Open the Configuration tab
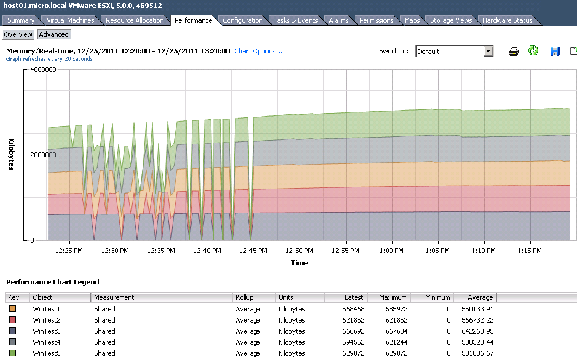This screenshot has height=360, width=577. point(243,20)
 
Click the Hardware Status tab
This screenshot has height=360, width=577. point(507,20)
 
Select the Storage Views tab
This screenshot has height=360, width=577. point(451,20)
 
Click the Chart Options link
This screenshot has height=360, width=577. point(258,51)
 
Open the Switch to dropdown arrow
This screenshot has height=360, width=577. point(489,51)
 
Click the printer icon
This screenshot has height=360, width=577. point(513,52)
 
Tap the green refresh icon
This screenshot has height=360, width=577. point(533,51)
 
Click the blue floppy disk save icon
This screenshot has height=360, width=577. point(555,51)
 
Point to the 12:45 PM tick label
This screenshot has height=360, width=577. point(253,251)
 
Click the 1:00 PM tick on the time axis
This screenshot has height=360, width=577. point(391,251)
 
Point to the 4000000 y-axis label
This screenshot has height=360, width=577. point(43,69)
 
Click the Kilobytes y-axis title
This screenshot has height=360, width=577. point(12,154)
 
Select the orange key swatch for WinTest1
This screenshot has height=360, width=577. point(12,309)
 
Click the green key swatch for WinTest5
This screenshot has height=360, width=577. point(12,353)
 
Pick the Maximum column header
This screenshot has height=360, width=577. point(393,297)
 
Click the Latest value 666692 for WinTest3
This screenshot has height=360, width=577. point(353,331)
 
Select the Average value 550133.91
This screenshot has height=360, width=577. point(477,309)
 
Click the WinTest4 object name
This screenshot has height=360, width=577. point(46,342)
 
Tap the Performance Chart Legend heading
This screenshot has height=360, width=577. point(53,282)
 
